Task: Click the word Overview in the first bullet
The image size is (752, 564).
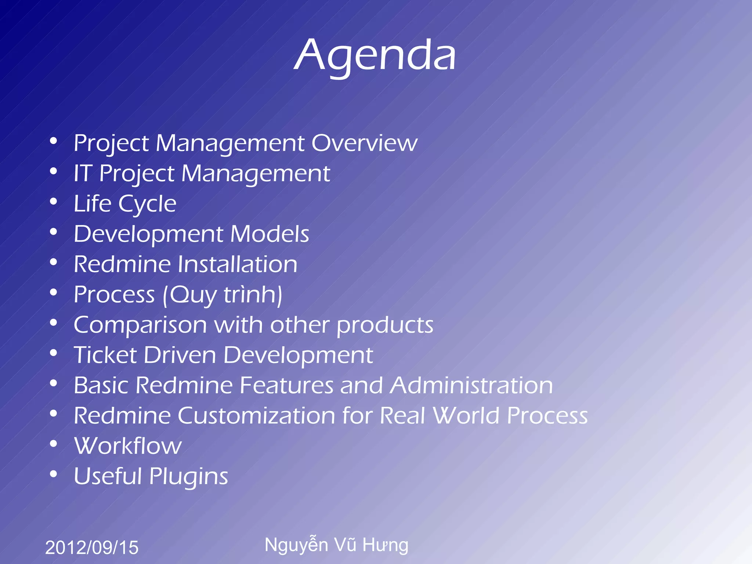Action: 364,143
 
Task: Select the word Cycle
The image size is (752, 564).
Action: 147,204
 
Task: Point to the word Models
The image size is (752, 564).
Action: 270,234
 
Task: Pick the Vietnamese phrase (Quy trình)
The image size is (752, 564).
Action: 223,295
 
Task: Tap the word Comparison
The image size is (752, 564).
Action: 140,325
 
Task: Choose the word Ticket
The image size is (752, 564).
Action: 105,355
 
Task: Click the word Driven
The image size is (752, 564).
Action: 180,355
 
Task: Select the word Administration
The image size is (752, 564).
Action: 471,386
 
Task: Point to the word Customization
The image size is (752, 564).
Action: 257,416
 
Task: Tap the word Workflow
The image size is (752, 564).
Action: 128,446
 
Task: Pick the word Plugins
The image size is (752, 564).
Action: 189,477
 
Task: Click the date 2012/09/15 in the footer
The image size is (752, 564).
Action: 92,547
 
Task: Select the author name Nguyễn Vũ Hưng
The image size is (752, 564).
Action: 336,545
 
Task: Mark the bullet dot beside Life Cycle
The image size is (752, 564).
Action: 54,202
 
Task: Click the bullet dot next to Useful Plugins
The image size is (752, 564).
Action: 54,474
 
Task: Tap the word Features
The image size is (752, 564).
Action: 287,386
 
